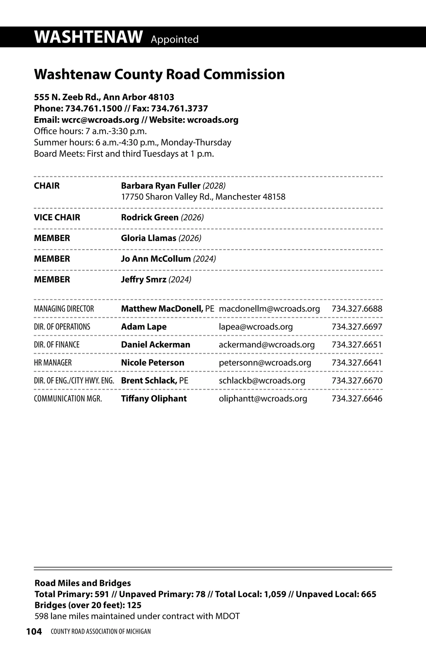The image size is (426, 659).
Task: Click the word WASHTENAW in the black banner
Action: click(x=88, y=37)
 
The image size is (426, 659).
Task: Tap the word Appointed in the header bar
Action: click(x=175, y=39)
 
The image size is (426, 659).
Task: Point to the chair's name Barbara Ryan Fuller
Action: click(x=160, y=186)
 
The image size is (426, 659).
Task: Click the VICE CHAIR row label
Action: click(x=57, y=217)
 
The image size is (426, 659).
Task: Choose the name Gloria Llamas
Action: click(x=148, y=238)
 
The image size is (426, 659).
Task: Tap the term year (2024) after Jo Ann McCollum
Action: click(x=204, y=259)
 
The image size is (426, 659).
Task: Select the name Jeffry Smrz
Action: click(x=143, y=280)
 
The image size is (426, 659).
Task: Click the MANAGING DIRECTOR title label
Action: click(x=64, y=309)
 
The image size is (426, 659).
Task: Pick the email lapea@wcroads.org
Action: click(x=256, y=327)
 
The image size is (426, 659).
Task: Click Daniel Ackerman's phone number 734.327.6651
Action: click(x=357, y=345)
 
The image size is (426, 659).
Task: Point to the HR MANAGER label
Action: click(x=53, y=363)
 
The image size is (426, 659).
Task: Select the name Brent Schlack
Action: click(x=149, y=381)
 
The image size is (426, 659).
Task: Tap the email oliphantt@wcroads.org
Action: click(x=263, y=399)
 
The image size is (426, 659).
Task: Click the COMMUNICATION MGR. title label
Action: click(x=68, y=399)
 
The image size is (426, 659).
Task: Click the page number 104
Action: click(x=34, y=631)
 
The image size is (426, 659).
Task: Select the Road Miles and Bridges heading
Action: click(x=82, y=583)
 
